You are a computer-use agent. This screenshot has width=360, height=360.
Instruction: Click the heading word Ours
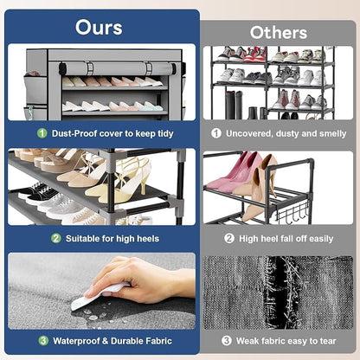(99, 28)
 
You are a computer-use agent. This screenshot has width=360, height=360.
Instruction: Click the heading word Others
(279, 33)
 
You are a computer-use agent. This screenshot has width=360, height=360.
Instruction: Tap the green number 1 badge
(42, 133)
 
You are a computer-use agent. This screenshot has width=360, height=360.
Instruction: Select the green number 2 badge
(56, 238)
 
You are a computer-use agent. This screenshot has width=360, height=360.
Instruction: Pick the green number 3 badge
(43, 341)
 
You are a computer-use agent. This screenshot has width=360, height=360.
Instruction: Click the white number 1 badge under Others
(216, 133)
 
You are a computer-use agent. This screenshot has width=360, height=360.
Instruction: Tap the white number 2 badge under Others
(229, 238)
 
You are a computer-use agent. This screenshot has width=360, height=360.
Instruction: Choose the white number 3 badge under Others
(227, 341)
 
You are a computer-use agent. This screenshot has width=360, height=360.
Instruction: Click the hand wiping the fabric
(145, 280)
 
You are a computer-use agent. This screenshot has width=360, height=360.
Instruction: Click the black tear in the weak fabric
(280, 292)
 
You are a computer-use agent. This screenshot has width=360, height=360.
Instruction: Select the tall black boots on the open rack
(234, 105)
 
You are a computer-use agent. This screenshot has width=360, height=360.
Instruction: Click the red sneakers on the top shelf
(254, 55)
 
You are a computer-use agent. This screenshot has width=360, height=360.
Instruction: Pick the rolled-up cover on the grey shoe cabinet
(118, 69)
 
